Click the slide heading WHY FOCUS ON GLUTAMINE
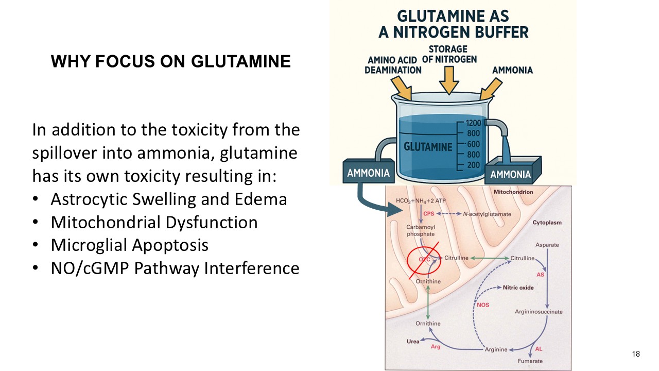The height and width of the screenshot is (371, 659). point(170,62)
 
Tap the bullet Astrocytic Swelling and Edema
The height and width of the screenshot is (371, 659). point(168,199)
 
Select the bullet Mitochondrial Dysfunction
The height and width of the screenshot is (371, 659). point(154,222)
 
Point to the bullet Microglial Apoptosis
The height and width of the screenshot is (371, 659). point(129,245)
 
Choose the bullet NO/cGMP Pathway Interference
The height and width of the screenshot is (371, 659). point(175,268)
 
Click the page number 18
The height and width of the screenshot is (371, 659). point(635,353)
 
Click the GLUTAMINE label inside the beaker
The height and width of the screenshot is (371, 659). point(428,147)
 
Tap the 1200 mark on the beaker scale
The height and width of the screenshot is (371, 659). point(473,123)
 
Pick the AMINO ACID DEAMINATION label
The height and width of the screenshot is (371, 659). point(393,65)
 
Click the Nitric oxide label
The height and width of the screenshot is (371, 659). point(518,288)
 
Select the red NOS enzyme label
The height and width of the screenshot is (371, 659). point(483,305)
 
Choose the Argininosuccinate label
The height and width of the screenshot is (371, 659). point(539,312)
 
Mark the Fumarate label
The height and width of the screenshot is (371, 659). point(530,361)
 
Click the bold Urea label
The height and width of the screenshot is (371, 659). point(413,341)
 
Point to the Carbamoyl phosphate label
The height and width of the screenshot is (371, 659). point(420,230)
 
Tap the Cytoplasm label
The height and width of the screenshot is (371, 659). point(547,223)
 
